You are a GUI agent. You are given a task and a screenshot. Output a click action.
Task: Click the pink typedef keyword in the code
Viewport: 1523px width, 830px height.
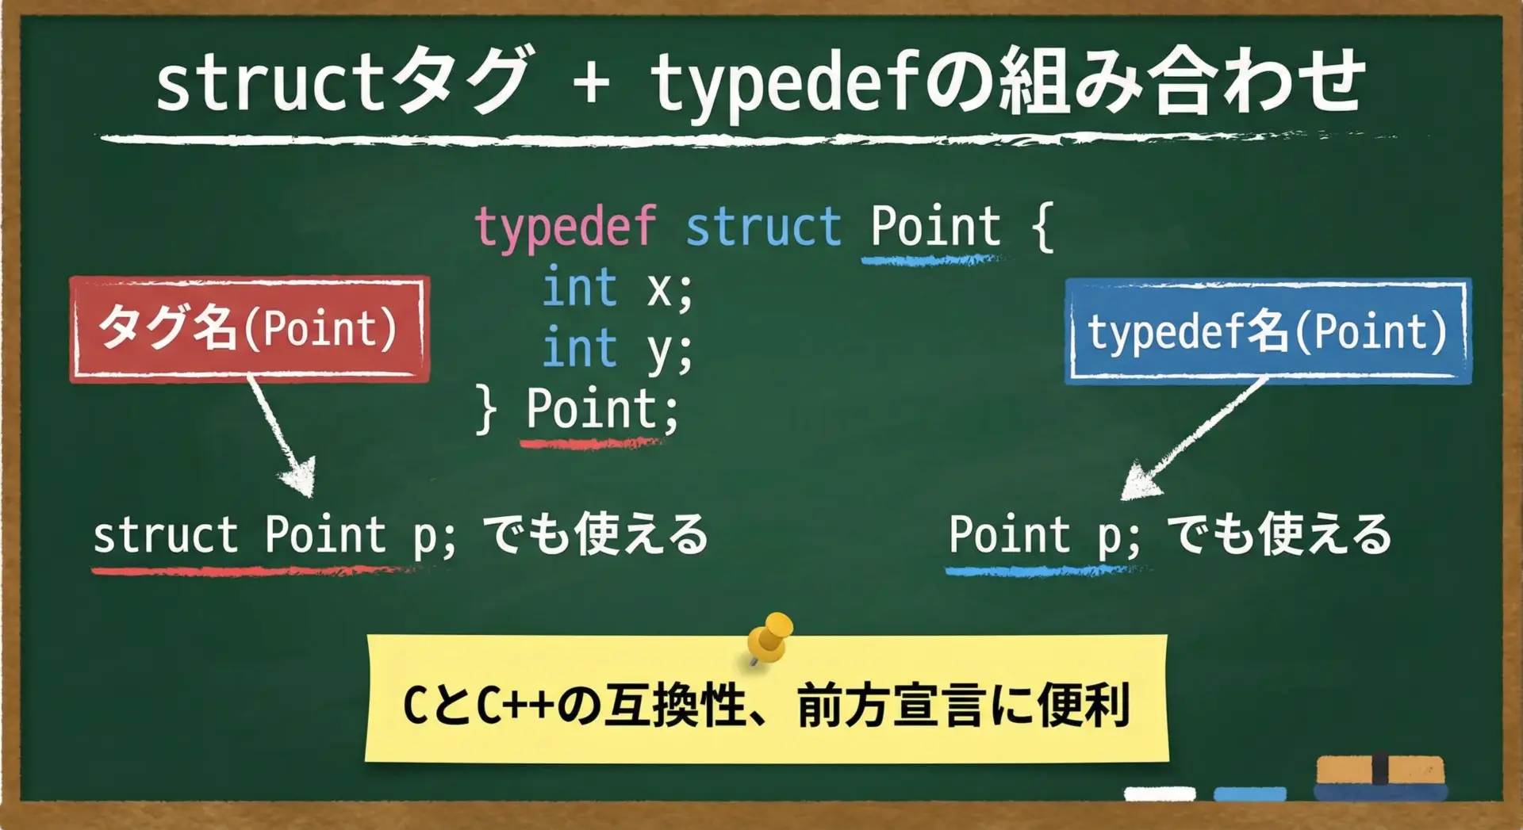pyautogui.click(x=566, y=228)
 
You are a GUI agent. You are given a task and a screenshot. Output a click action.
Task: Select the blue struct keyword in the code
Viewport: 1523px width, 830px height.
pyautogui.click(x=763, y=227)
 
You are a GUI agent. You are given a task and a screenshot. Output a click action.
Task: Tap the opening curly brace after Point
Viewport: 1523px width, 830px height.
pyautogui.click(x=1042, y=228)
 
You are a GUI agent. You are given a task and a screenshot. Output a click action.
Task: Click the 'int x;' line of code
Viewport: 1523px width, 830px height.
pyautogui.click(x=618, y=288)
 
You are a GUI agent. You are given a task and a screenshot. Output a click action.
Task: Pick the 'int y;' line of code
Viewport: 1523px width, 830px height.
pyautogui.click(x=618, y=350)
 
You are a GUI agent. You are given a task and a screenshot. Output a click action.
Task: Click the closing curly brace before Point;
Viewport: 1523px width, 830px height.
pyautogui.click(x=485, y=410)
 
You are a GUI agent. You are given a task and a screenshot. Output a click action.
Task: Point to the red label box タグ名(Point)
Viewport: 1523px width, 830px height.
pyautogui.click(x=249, y=329)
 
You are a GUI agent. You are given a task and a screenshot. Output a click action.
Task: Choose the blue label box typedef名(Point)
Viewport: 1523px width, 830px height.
pyautogui.click(x=1268, y=331)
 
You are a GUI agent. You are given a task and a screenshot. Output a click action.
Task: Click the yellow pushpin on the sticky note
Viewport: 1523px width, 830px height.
pyautogui.click(x=769, y=638)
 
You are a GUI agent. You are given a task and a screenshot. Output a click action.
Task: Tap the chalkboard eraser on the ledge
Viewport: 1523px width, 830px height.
pyautogui.click(x=1380, y=778)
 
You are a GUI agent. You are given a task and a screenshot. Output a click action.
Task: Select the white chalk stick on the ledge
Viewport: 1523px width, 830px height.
pyautogui.click(x=1160, y=794)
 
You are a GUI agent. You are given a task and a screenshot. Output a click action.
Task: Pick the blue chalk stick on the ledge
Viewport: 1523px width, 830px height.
pyautogui.click(x=1250, y=794)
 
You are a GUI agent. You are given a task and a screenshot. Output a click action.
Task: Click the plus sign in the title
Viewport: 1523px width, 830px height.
pyautogui.click(x=591, y=82)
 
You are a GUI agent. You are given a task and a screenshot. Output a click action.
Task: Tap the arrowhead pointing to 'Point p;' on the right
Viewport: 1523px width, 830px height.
pyautogui.click(x=1139, y=480)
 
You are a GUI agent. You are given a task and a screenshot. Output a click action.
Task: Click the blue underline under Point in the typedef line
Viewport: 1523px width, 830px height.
pyautogui.click(x=931, y=259)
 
